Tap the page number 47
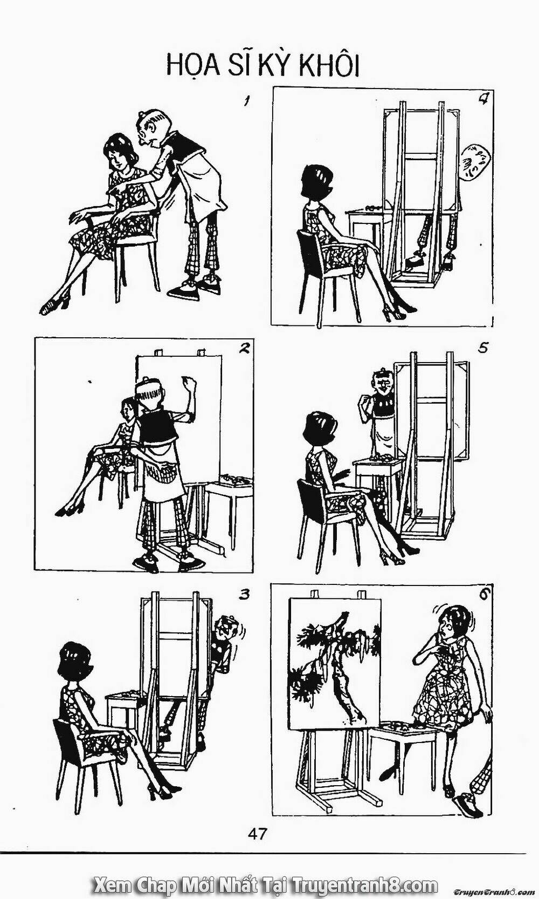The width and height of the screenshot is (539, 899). (257, 832)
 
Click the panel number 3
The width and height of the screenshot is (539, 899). (244, 595)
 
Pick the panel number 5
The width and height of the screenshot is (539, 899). (483, 349)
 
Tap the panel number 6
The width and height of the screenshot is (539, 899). (483, 596)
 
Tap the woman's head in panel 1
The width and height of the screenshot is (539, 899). (118, 151)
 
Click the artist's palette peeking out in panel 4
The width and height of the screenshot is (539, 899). (476, 162)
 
